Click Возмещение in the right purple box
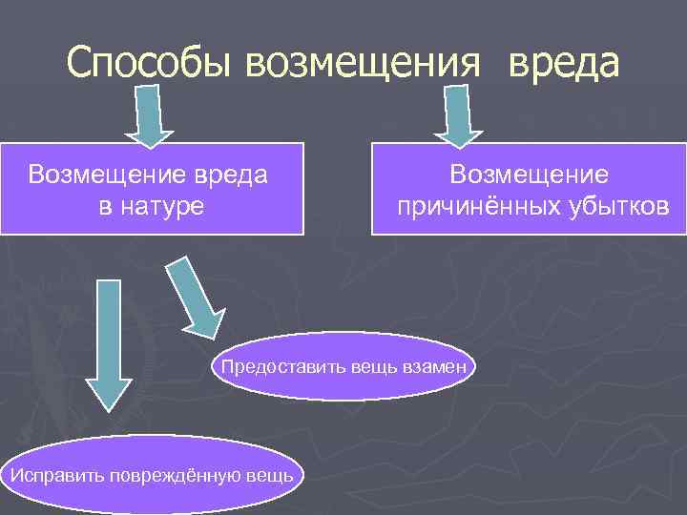tap(530, 175)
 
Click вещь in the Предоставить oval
tap(366, 366)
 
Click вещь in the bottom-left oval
tap(274, 475)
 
